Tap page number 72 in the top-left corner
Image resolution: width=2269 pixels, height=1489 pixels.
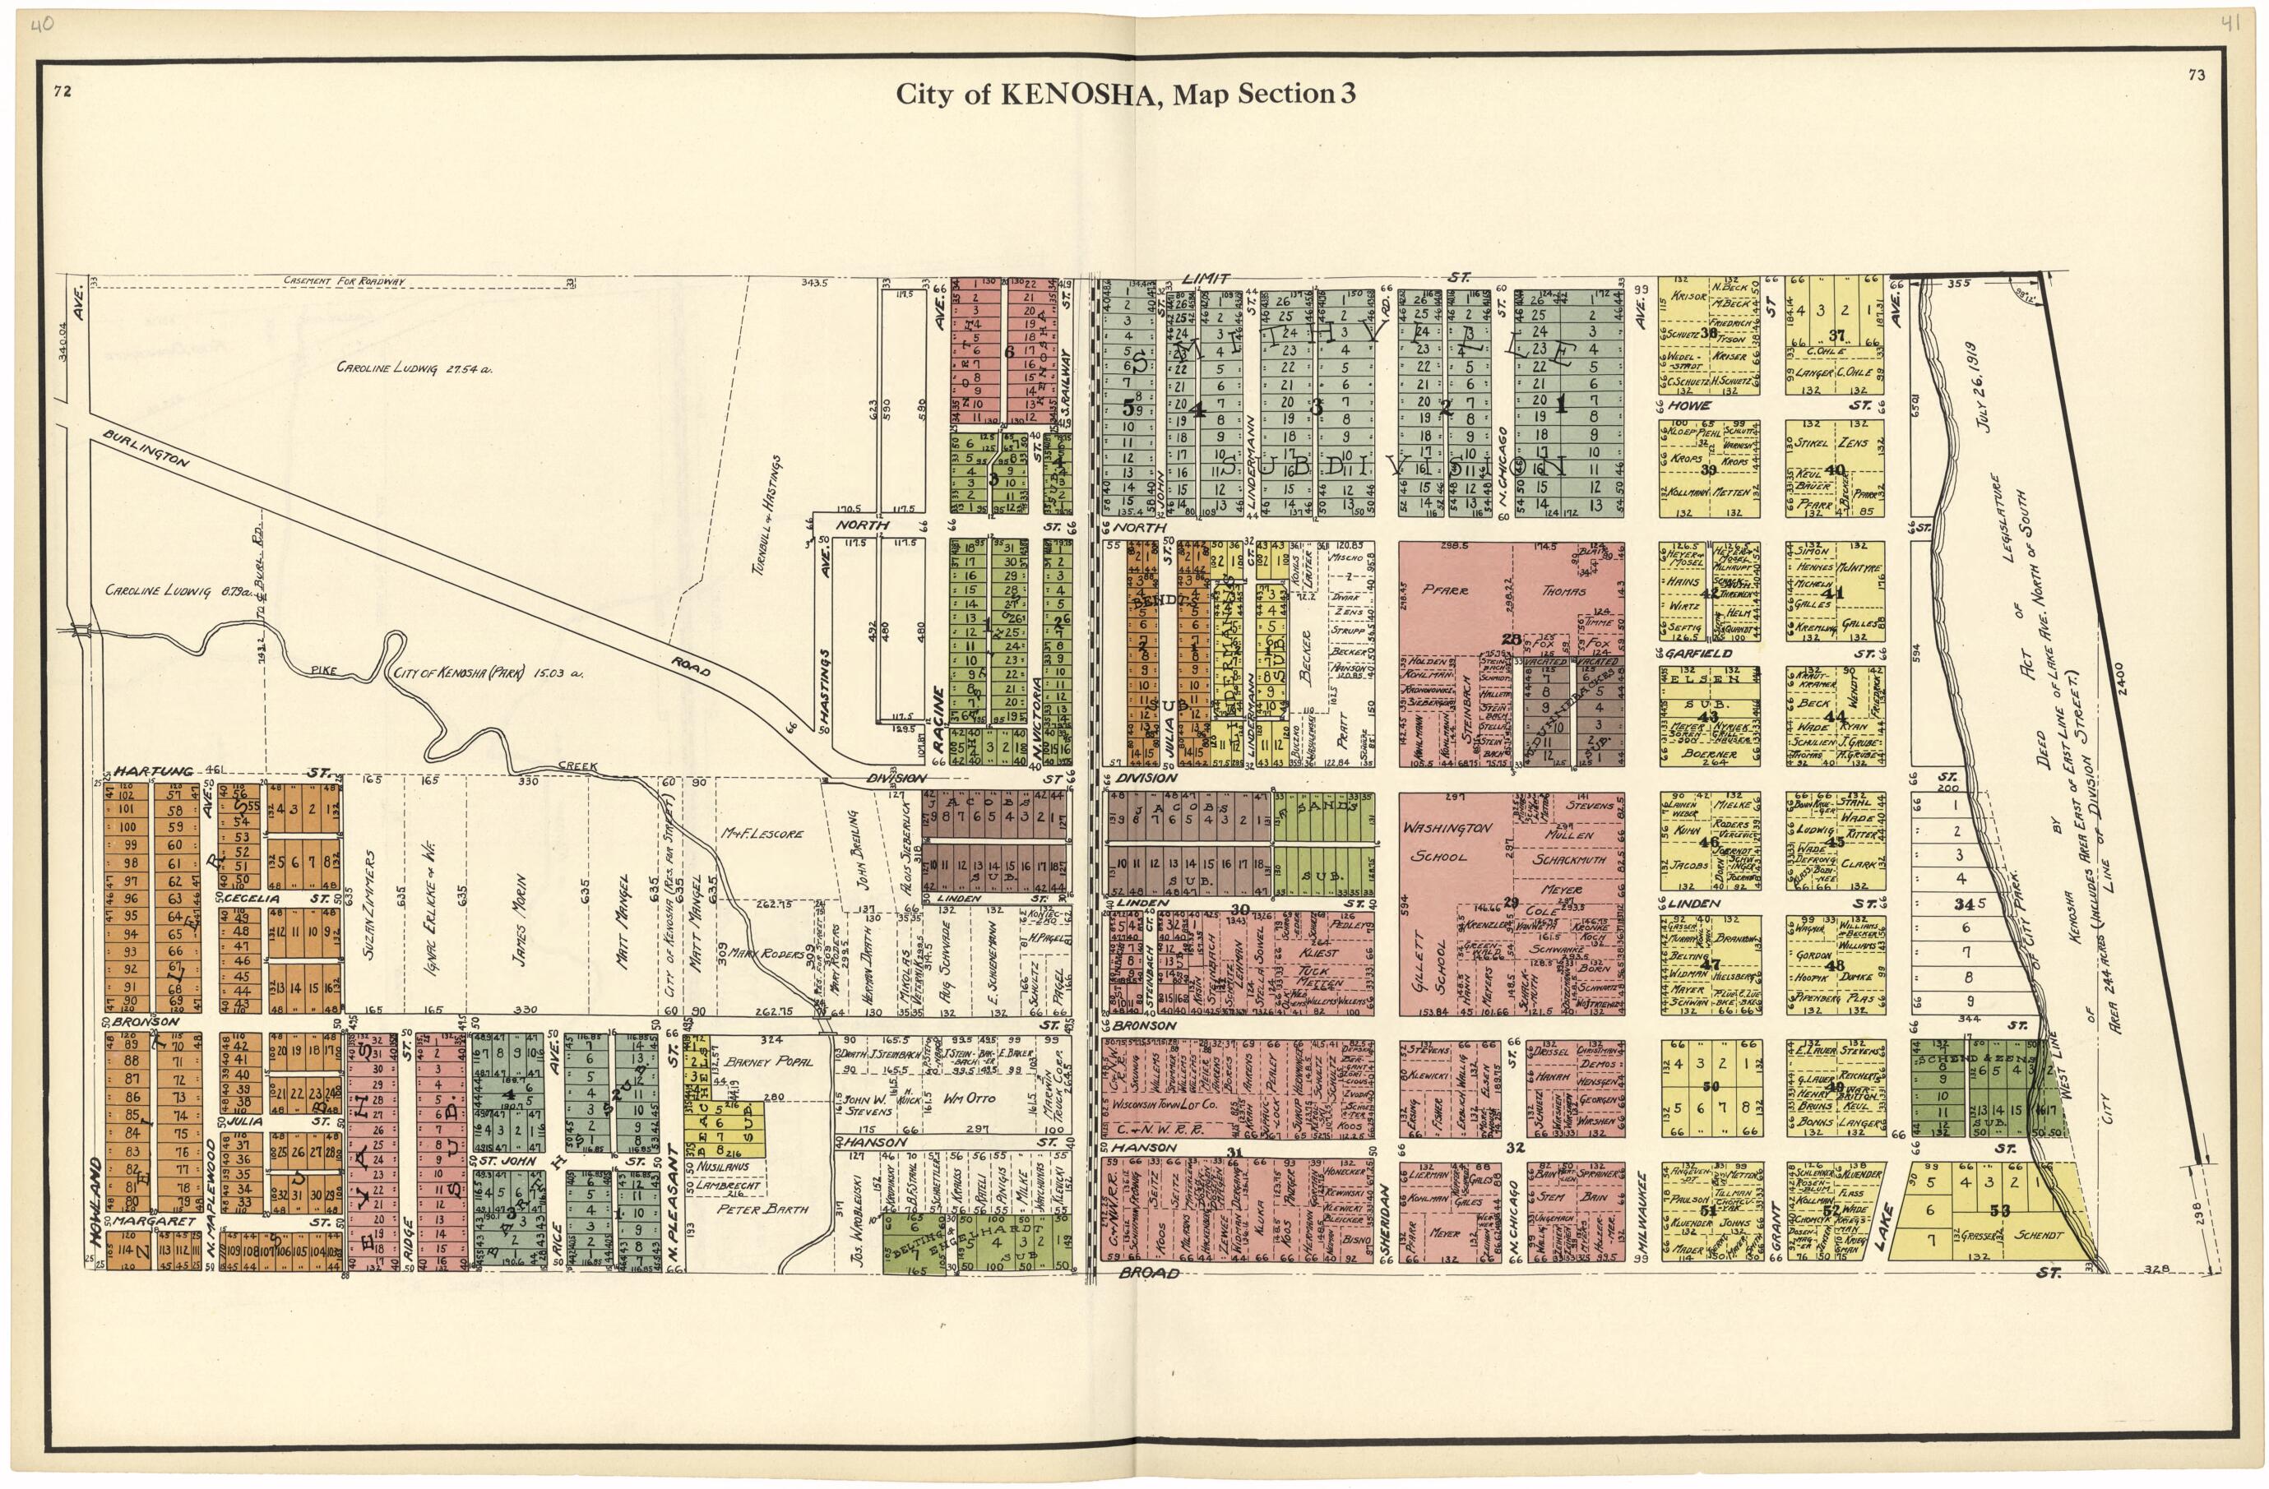pos(63,91)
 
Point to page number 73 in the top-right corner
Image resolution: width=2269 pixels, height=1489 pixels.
pos(2196,76)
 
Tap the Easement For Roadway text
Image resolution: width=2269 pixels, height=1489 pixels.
pos(344,281)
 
